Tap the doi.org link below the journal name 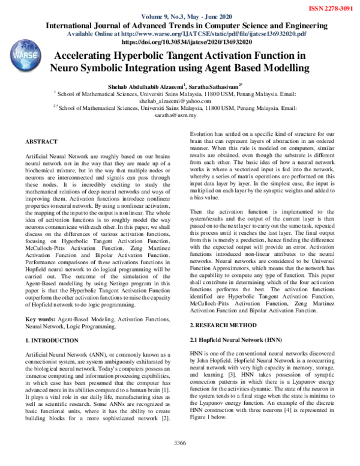(180, 43)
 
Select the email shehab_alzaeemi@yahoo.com (179, 102)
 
